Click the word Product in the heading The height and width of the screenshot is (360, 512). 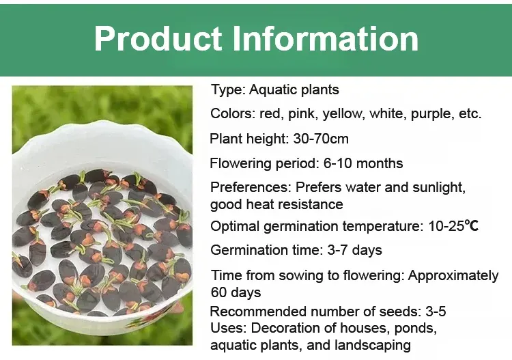(x=158, y=38)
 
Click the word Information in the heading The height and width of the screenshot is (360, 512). (x=326, y=38)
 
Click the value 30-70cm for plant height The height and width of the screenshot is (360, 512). (x=321, y=139)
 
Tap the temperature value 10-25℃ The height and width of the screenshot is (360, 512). (x=453, y=226)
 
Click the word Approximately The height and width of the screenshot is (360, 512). (x=453, y=276)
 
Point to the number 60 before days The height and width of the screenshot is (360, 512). (x=218, y=292)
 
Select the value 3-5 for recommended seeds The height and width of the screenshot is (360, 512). (x=436, y=311)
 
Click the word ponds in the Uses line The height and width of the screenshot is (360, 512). (x=415, y=329)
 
